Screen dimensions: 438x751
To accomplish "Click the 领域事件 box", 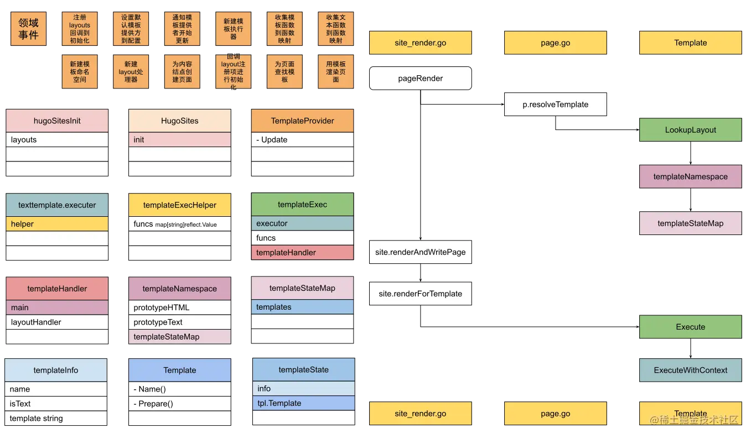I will coord(29,29).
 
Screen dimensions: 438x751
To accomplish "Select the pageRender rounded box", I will coord(420,79).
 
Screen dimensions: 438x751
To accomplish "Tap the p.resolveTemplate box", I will coord(555,105).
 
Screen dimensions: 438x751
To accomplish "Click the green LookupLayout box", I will coord(690,130).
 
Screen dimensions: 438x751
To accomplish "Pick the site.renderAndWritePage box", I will coord(420,252).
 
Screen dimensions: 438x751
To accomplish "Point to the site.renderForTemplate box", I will coord(420,294).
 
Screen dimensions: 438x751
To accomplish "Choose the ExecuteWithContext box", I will coord(690,371).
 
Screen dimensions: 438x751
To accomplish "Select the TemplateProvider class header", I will coord(302,121).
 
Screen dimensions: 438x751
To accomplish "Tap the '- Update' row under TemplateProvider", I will coord(302,140).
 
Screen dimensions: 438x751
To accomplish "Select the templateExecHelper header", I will coord(179,205).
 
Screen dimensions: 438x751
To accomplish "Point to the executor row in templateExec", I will coord(302,223).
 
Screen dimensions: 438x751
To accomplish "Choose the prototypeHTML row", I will coord(179,307).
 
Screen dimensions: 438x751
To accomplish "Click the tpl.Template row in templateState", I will coord(303,403).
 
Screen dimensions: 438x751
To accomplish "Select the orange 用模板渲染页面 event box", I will coord(335,71).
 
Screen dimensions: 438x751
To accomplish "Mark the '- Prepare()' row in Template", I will coord(179,404).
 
